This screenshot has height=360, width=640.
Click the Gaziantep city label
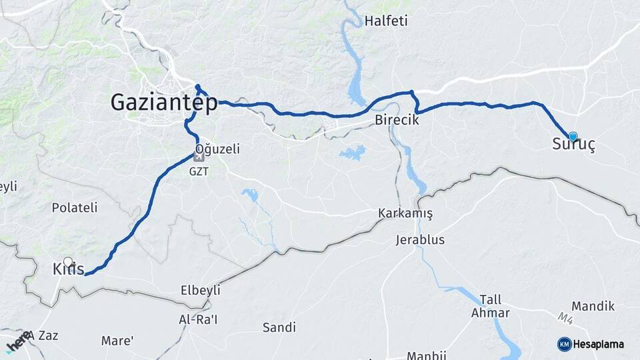pyautogui.click(x=163, y=103)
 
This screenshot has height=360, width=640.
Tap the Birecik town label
pyautogui.click(x=397, y=120)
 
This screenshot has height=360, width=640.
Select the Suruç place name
pyautogui.click(x=573, y=144)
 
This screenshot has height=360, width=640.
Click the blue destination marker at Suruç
pyautogui.click(x=573, y=136)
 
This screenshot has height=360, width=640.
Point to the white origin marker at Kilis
pyautogui.click(x=67, y=262)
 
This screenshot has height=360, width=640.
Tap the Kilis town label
pyautogui.click(x=68, y=270)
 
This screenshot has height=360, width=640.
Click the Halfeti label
pyautogui.click(x=386, y=21)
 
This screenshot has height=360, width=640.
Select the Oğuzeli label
pyautogui.click(x=217, y=149)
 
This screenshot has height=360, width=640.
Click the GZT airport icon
pyautogui.click(x=199, y=157)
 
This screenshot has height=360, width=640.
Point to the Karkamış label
pyautogui.click(x=405, y=214)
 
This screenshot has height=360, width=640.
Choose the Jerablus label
pyautogui.click(x=419, y=239)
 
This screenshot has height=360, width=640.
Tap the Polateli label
pyautogui.click(x=75, y=207)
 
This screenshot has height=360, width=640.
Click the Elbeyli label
pyautogui.click(x=200, y=291)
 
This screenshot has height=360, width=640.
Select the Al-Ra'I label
pyautogui.click(x=198, y=319)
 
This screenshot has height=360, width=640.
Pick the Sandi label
pyautogui.click(x=279, y=327)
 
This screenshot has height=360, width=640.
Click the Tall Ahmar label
pyautogui.click(x=490, y=307)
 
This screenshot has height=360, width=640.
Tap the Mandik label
pyautogui.click(x=593, y=306)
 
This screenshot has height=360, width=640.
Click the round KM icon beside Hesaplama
pyautogui.click(x=564, y=344)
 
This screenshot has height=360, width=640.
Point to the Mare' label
pyautogui.click(x=117, y=341)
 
